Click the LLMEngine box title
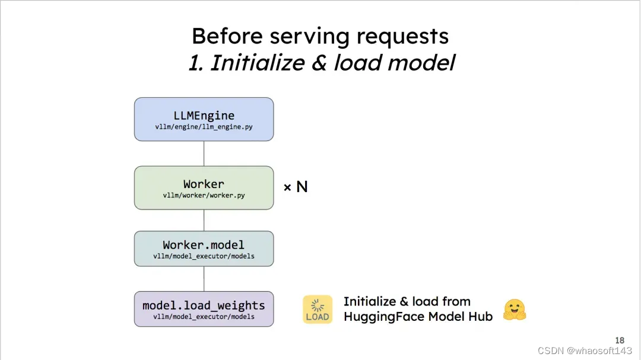point(204,116)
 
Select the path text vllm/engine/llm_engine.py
point(204,127)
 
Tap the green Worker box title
point(204,184)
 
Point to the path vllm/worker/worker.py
point(204,195)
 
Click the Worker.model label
point(204,245)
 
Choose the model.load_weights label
point(204,306)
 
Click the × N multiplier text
point(295,187)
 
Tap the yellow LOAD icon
point(318,310)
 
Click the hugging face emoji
point(515,310)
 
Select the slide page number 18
point(620,340)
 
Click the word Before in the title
point(227,36)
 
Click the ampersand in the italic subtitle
point(319,62)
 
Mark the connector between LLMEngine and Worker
point(204,153)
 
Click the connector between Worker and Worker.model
point(204,220)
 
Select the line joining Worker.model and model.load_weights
point(204,278)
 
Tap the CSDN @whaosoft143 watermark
point(585,351)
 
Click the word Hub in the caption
point(481,317)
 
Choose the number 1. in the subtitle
point(196,62)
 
